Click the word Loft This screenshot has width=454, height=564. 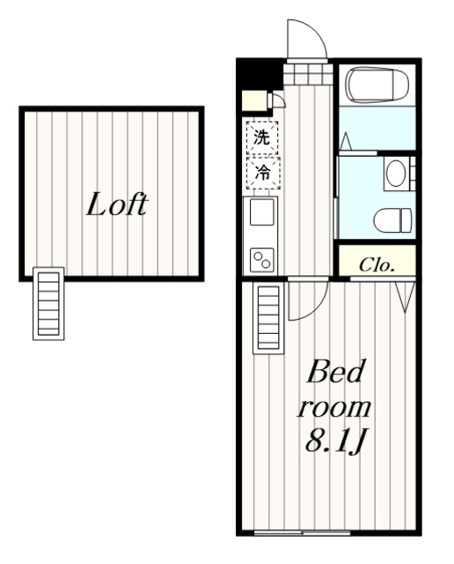click(117, 204)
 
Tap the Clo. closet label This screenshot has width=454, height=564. click(377, 265)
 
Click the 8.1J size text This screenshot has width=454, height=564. click(335, 441)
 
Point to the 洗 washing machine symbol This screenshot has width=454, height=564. click(262, 137)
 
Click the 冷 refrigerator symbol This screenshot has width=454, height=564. click(262, 173)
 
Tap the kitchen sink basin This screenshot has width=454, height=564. click(262, 211)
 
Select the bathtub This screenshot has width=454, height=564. click(377, 85)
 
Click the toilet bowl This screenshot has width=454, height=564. click(392, 219)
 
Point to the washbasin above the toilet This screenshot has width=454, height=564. click(395, 173)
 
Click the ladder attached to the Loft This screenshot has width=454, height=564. click(48, 303)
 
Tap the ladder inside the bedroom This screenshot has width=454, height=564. click(268, 317)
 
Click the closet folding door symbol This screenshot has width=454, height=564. click(405, 296)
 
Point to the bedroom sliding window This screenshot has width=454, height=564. click(302, 532)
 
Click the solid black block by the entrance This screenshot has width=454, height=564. click(259, 75)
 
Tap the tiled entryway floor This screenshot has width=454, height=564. click(307, 74)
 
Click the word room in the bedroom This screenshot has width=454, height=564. click(333, 409)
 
